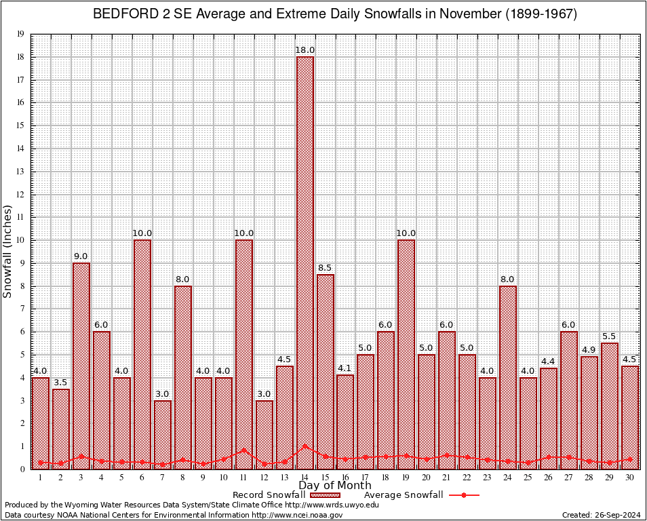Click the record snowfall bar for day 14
[305, 258]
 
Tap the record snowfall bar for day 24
[507, 373]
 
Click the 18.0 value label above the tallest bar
[305, 50]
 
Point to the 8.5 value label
[325, 268]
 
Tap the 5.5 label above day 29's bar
[609, 336]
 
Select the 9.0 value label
[81, 256]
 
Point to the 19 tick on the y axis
[20, 34]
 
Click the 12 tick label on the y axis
[20, 195]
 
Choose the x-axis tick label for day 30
[629, 478]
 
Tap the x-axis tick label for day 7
[162, 478]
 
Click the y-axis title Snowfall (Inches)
[7, 251]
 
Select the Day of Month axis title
[335, 486]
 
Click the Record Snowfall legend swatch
[326, 495]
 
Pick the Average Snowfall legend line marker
[464, 495]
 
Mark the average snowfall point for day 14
[305, 446]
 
